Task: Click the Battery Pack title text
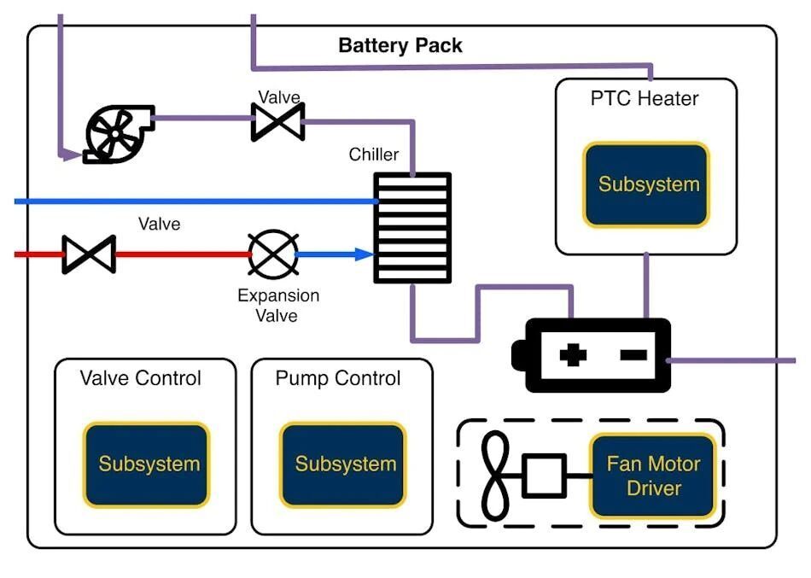pyautogui.click(x=400, y=45)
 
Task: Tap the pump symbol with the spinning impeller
pyautogui.click(x=119, y=134)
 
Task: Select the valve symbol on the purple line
pyautogui.click(x=277, y=122)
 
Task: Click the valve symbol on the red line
pyautogui.click(x=89, y=254)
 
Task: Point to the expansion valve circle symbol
pyautogui.click(x=273, y=254)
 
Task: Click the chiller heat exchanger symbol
pyautogui.click(x=412, y=228)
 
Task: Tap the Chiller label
pyautogui.click(x=373, y=155)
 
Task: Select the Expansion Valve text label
pyautogui.click(x=278, y=306)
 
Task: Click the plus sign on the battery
pyautogui.click(x=573, y=355)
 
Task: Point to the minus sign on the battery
pyautogui.click(x=633, y=354)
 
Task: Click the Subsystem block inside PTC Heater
pyautogui.click(x=646, y=184)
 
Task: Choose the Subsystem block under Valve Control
pyautogui.click(x=146, y=464)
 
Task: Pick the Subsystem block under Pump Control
pyautogui.click(x=343, y=464)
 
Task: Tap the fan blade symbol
pyautogui.click(x=495, y=476)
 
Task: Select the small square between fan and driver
pyautogui.click(x=544, y=476)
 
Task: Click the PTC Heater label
pyautogui.click(x=645, y=98)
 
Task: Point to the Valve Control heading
pyautogui.click(x=141, y=378)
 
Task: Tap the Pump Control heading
pyautogui.click(x=338, y=378)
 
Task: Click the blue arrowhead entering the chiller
pyautogui.click(x=365, y=254)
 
